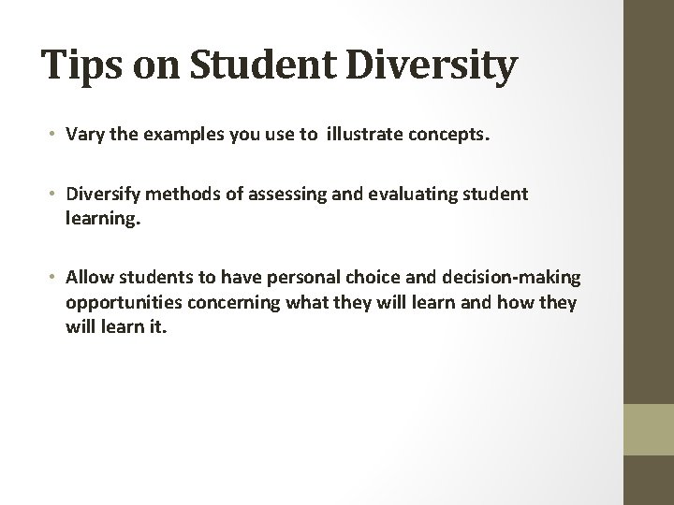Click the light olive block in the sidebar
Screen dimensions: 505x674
point(650,429)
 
